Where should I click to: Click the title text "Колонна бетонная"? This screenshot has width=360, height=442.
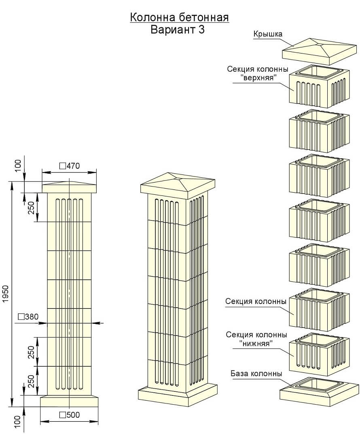tap(179, 18)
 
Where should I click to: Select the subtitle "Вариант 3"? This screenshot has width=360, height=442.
tap(178, 30)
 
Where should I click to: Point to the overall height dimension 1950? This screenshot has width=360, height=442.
tap(6, 294)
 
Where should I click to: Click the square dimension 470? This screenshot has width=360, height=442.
tap(70, 166)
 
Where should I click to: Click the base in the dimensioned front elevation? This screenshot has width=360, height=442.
tap(70, 401)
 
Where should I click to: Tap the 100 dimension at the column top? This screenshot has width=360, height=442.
tap(18, 166)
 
